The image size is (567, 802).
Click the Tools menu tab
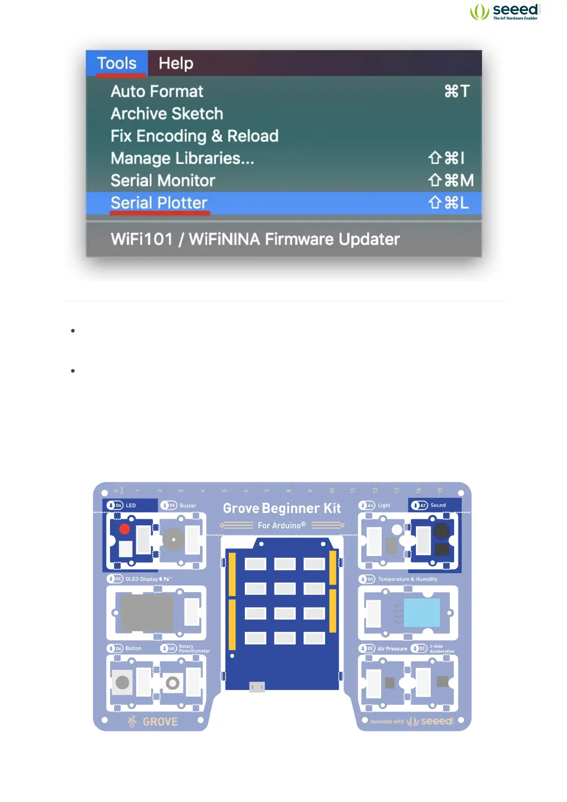point(117,63)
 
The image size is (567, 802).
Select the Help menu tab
point(176,63)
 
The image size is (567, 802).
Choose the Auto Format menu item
point(157,91)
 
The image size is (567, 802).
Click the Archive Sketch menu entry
point(167,113)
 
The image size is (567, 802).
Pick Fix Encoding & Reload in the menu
point(194,136)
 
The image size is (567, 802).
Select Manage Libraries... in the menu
point(182,158)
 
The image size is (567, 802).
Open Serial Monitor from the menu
point(163,181)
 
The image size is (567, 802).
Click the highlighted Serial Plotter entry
point(159,203)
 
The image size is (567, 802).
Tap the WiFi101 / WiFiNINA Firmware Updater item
point(255,239)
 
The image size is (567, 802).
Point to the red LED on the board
point(124,529)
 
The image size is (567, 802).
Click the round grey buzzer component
point(173,540)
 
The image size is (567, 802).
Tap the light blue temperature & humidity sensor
point(422,613)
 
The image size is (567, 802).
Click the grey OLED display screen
point(147,613)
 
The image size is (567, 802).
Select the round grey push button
point(122,682)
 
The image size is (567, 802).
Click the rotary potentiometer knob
point(172,683)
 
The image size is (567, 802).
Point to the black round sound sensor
point(441,531)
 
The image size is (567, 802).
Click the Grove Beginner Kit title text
point(282,508)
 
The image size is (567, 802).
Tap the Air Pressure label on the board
point(392,649)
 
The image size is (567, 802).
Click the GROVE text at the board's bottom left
point(160,722)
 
